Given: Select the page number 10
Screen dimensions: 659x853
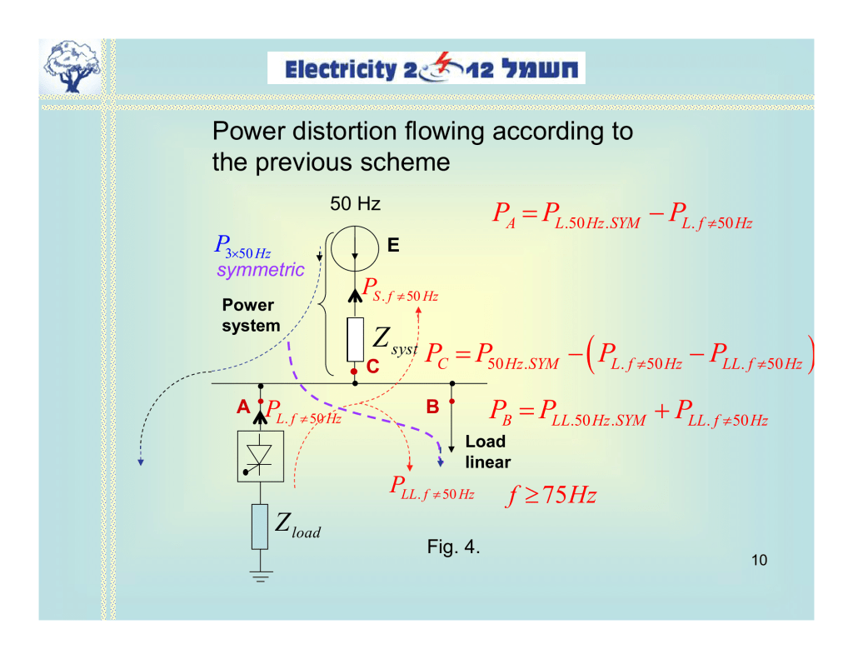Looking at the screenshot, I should [758, 560].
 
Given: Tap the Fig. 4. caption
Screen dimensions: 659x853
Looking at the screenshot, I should [453, 547].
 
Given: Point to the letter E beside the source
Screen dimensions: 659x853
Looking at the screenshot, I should [393, 246].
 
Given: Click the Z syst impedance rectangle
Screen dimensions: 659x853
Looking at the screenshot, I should [356, 339].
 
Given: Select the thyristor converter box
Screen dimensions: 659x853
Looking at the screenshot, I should [261, 457].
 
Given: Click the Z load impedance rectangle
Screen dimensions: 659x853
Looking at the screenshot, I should [260, 526].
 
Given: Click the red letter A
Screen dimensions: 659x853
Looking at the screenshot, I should [243, 407].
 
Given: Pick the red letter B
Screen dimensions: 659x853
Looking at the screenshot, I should [432, 407].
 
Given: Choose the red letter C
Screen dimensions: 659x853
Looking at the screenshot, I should [372, 366].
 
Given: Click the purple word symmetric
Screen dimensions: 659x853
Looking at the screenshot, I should [261, 270].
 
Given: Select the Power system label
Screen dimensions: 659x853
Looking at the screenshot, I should [250, 316].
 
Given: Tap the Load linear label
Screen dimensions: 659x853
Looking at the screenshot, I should [487, 452].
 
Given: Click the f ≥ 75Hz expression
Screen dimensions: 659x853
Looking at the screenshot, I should [552, 497].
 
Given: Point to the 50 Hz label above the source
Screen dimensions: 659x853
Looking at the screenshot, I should [356, 204].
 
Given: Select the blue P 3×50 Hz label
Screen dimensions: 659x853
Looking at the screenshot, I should [242, 247].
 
